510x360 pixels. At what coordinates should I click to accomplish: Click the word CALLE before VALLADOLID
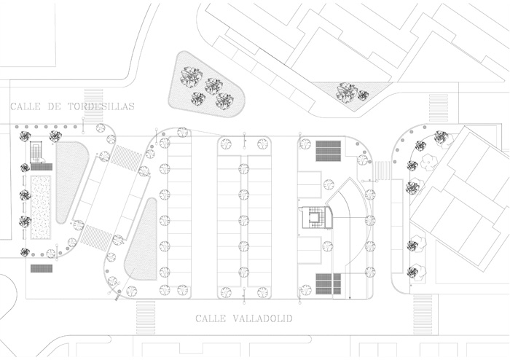click(211, 318)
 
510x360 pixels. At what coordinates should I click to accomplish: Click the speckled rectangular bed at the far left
click(42, 208)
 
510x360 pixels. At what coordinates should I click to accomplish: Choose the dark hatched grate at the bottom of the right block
click(329, 283)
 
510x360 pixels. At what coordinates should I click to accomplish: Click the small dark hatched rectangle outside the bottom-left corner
click(42, 267)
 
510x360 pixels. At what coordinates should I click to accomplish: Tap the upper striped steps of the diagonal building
click(126, 157)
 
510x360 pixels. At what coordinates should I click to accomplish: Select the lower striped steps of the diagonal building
click(93, 237)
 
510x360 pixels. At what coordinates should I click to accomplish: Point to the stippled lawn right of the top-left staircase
click(71, 180)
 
